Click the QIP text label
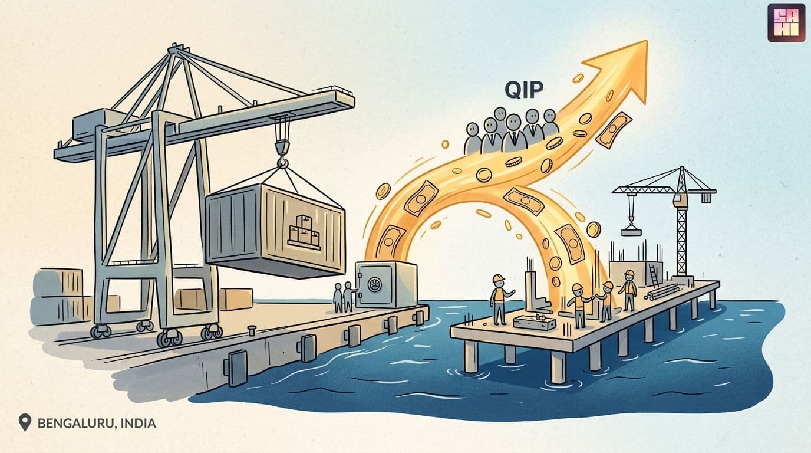click(524, 90)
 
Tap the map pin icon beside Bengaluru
click(25, 422)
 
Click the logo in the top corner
click(786, 23)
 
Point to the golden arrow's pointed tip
click(647, 41)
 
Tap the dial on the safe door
click(374, 284)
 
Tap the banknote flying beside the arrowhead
click(614, 130)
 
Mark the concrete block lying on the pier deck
click(535, 322)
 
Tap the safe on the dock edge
click(386, 284)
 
